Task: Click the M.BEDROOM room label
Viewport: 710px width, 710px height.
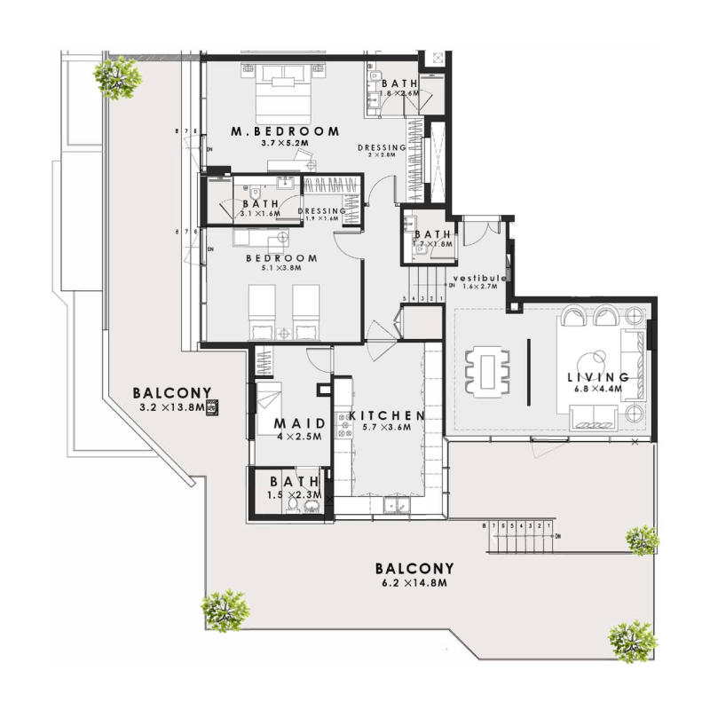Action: pyautogui.click(x=285, y=131)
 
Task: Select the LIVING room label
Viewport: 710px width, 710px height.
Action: pyautogui.click(x=598, y=377)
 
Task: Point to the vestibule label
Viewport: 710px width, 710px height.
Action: pyautogui.click(x=479, y=279)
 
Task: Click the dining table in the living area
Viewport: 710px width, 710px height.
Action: pyautogui.click(x=487, y=370)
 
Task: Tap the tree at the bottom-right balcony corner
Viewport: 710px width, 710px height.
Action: pyautogui.click(x=634, y=640)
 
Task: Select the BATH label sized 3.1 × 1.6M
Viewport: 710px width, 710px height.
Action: pyautogui.click(x=255, y=203)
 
